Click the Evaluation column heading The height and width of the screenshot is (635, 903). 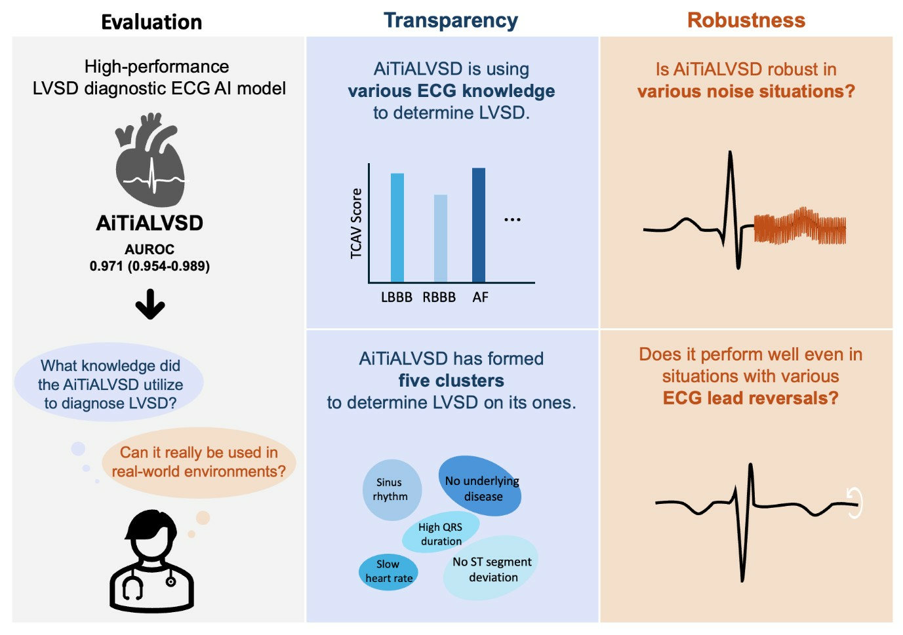pos(151,22)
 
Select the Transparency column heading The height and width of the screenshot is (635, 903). pos(451,21)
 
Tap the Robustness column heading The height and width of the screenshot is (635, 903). pos(746,20)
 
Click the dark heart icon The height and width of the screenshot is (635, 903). pos(150,161)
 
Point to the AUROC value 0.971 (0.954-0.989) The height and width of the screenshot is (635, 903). pos(150,266)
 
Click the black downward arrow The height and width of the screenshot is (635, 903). pos(150,305)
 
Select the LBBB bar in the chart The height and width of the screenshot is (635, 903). pos(397,227)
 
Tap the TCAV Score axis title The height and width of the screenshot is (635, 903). pos(356,223)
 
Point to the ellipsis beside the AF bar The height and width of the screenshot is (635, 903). pos(512,220)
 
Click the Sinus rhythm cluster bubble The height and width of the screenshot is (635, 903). pos(391,490)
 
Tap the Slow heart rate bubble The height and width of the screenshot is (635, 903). pos(388,571)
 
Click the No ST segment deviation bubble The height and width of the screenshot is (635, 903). pos(491,569)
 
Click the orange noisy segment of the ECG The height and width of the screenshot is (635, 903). pos(799,228)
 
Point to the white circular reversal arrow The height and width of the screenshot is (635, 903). pos(854,503)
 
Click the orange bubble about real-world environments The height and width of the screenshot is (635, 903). pos(198,462)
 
